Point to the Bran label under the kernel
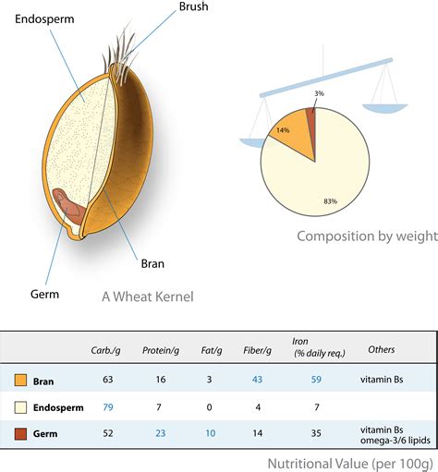pyautogui.click(x=152, y=263)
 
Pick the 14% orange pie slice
pyautogui.click(x=283, y=128)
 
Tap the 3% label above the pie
pyautogui.click(x=320, y=94)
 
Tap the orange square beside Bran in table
pyautogui.click(x=20, y=379)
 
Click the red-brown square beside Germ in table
pyautogui.click(x=20, y=432)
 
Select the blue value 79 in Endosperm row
pyautogui.click(x=107, y=405)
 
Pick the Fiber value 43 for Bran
pyautogui.click(x=258, y=379)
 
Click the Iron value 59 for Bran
pyautogui.click(x=316, y=379)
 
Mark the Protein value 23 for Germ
pyautogui.click(x=161, y=432)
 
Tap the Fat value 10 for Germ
pyautogui.click(x=210, y=432)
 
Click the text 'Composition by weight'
pyautogui.click(x=366, y=236)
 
